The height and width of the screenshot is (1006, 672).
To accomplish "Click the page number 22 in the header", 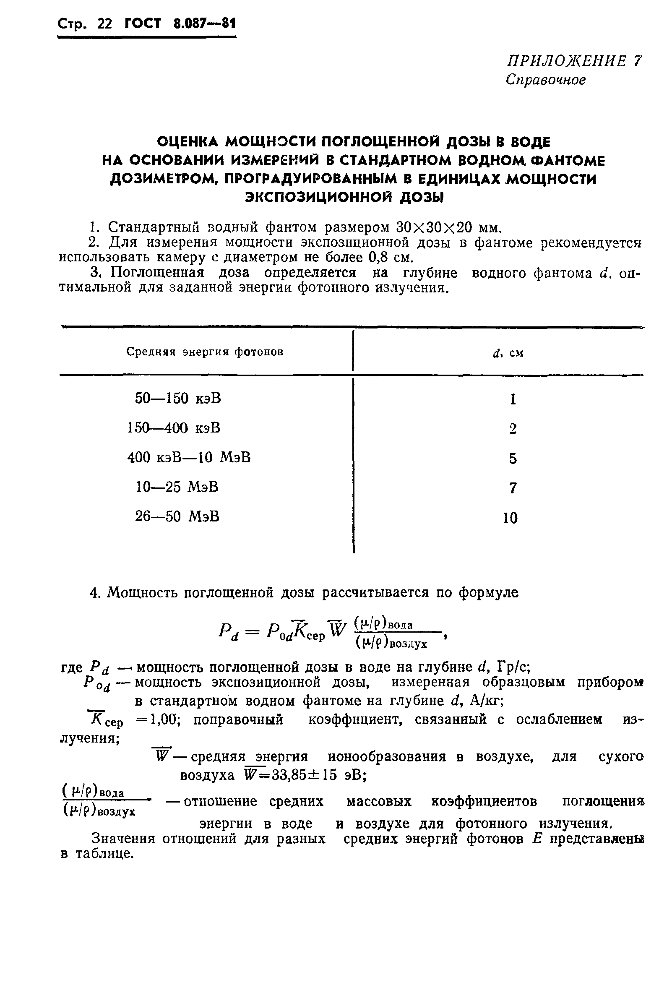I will coord(104,23).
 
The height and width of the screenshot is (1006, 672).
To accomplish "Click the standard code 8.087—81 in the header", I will coord(204,23).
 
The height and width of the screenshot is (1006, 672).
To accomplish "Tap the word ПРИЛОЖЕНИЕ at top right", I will coord(566,61).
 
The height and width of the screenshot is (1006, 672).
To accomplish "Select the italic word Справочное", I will coord(546,80).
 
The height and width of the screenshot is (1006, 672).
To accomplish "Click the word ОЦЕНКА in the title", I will coord(187,141).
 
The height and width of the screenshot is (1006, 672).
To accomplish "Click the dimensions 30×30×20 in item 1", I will coord(433,226).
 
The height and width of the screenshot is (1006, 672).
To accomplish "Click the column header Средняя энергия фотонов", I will coord(204,352).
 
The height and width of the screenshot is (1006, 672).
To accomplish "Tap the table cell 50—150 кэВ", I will coord(178,399).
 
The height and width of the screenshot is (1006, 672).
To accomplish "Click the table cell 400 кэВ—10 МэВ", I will coord(189,458).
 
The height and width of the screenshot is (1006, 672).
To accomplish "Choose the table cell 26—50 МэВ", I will coord(177,516).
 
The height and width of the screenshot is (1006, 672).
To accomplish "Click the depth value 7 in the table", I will coord(513,488).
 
